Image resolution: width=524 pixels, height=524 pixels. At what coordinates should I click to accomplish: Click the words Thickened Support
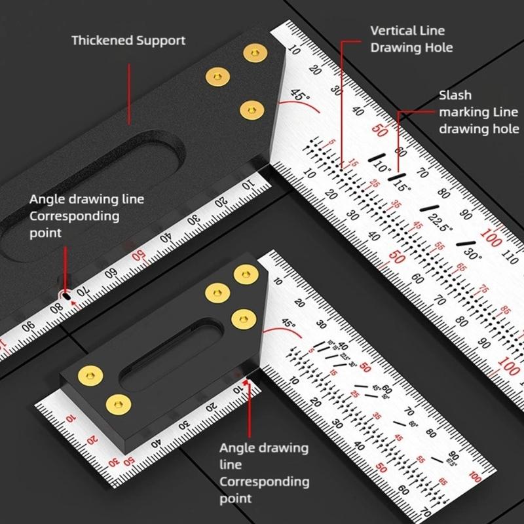(x=128, y=41)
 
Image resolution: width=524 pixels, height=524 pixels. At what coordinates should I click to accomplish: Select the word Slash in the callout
(x=455, y=96)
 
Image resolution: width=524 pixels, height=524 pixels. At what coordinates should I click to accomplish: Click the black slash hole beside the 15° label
(x=393, y=176)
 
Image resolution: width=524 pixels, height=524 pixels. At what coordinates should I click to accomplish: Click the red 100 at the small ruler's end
(x=476, y=477)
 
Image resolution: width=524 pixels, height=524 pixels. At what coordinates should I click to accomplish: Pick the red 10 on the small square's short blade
(x=70, y=418)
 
